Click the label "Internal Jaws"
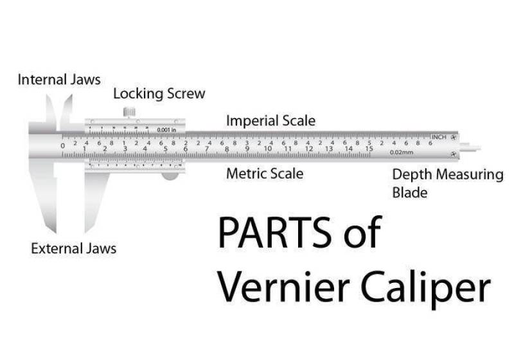pyautogui.click(x=59, y=80)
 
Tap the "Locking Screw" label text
pyautogui.click(x=159, y=94)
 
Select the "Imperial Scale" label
pyautogui.click(x=270, y=121)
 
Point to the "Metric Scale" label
pyautogui.click(x=265, y=174)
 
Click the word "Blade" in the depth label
pyautogui.click(x=409, y=192)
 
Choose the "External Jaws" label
pyautogui.click(x=74, y=248)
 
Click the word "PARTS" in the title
pyautogui.click(x=268, y=233)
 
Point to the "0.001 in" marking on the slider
pyautogui.click(x=166, y=130)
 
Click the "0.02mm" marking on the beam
pyautogui.click(x=401, y=152)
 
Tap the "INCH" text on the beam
pyautogui.click(x=439, y=137)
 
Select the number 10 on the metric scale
pyautogui.click(x=268, y=148)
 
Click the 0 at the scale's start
pyautogui.click(x=63, y=146)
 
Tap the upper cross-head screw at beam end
pyautogui.click(x=454, y=138)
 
